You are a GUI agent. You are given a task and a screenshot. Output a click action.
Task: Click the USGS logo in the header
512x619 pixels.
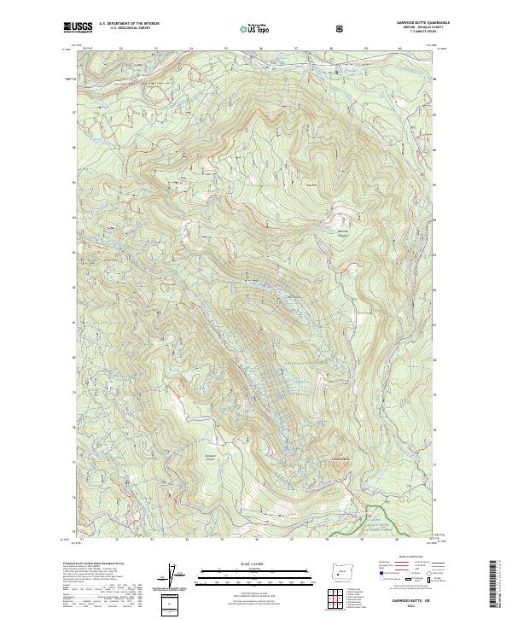tap(78, 27)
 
